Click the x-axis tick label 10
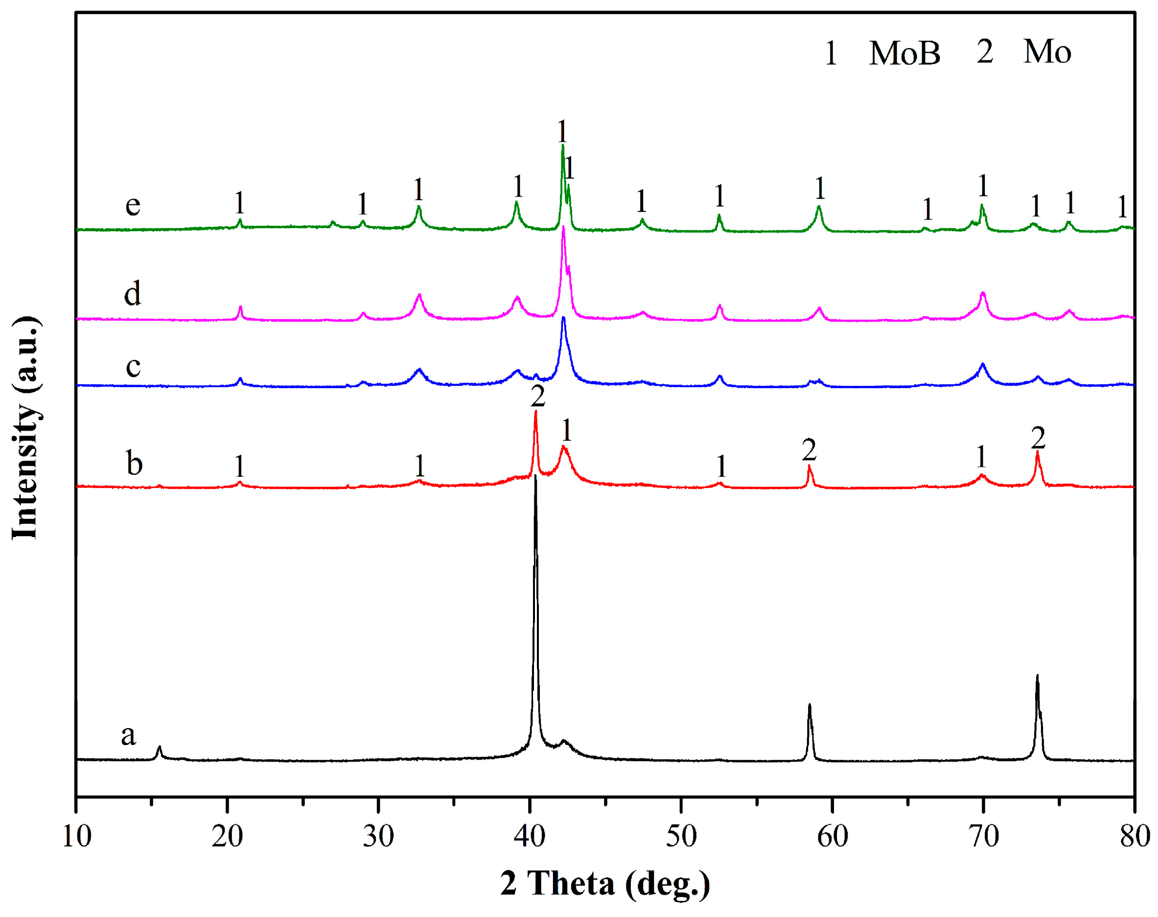(x=77, y=837)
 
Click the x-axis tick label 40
(x=530, y=837)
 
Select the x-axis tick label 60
(x=832, y=837)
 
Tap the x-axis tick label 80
(x=1135, y=837)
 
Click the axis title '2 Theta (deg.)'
(x=605, y=884)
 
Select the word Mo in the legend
(x=1047, y=52)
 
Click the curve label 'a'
(x=128, y=735)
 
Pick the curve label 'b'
(x=134, y=463)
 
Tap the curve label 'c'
(x=133, y=367)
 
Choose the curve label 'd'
(x=133, y=294)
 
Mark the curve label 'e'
(x=133, y=205)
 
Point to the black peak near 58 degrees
(x=809, y=705)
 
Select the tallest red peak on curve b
(x=535, y=412)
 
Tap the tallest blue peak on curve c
(x=563, y=318)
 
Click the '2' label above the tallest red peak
(x=538, y=397)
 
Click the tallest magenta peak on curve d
(x=563, y=228)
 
